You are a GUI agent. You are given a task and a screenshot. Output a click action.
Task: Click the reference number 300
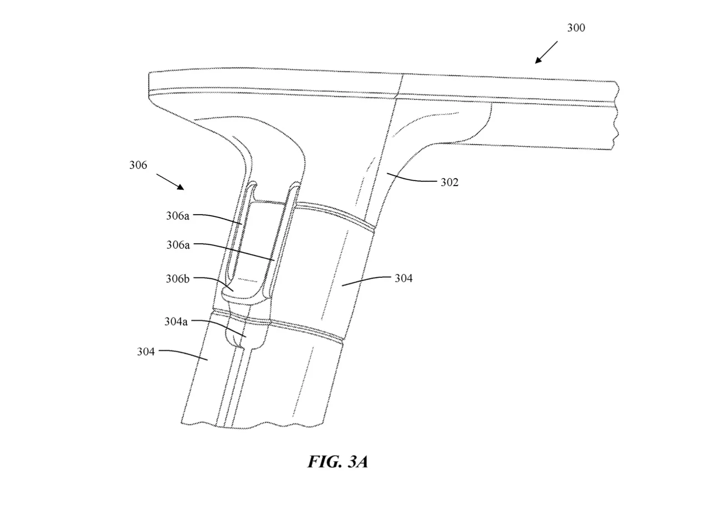coord(576,28)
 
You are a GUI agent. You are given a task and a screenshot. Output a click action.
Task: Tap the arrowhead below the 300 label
coord(538,60)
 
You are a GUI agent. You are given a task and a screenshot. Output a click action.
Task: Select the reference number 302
coord(449,182)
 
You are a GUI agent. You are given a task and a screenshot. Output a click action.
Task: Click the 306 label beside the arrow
coord(138,165)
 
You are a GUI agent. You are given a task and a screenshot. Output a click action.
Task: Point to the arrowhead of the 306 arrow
coord(181,187)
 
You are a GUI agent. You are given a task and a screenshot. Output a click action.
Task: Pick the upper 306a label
coord(177,216)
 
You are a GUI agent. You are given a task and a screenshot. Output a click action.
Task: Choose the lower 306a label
coord(178,245)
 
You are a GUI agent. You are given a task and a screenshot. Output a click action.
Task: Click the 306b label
coord(177,279)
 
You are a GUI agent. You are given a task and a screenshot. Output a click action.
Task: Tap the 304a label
coord(176,322)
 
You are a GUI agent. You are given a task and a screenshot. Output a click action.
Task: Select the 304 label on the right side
coord(403,278)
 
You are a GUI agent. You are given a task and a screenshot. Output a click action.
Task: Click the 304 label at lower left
coord(146,352)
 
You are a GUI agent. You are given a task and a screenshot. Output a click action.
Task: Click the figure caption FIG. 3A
coord(337,462)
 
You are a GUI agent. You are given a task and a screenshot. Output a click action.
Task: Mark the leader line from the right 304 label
coord(366,280)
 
